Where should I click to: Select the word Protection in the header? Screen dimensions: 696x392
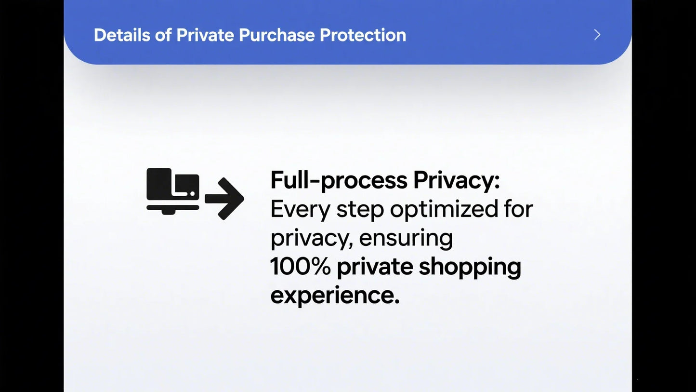pos(363,35)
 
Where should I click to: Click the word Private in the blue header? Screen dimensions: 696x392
pos(205,35)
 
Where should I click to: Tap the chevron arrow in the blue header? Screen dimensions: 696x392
pos(597,35)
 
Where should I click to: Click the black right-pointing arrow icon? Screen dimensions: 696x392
pos(224,199)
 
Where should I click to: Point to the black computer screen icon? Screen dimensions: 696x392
pos(173,191)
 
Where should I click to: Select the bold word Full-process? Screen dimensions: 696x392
pos(339,180)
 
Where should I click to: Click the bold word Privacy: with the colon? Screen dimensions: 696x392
pos(457,180)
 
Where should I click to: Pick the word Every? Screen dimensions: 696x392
pos(300,209)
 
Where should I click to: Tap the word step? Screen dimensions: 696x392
pos(360,210)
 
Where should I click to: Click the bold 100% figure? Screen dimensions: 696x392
pos(300,266)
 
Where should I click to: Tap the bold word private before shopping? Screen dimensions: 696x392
pos(375,268)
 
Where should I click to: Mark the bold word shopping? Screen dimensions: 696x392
pos(470,268)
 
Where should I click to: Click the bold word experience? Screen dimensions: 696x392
pos(335,296)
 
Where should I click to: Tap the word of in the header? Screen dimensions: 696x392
pos(163,35)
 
